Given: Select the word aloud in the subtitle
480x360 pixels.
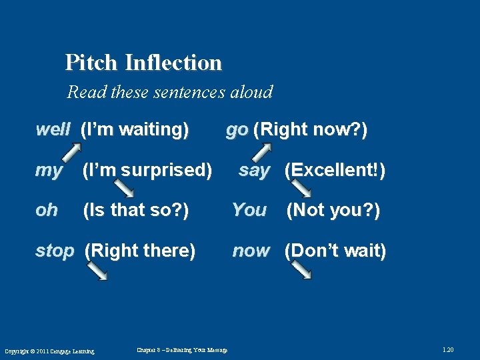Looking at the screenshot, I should [x=252, y=92].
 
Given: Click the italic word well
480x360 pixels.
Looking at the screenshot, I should [x=53, y=129].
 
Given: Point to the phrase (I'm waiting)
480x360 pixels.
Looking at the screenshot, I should [x=134, y=129].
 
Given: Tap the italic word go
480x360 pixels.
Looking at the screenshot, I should [x=237, y=129].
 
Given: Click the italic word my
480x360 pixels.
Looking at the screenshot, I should [x=48, y=171].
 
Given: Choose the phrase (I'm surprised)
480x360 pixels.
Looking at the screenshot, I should [x=147, y=171].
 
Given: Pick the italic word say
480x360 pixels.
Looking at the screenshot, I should [x=254, y=171].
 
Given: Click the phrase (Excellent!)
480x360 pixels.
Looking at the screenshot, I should [x=335, y=171].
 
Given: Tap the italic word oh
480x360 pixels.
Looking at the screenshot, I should [x=46, y=211].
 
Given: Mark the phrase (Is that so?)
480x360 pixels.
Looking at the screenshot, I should [x=135, y=211].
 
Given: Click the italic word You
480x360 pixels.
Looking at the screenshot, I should [x=249, y=211].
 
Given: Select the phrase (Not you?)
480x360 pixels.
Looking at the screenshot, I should [x=333, y=211].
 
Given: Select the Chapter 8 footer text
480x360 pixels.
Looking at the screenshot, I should [x=181, y=350].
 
